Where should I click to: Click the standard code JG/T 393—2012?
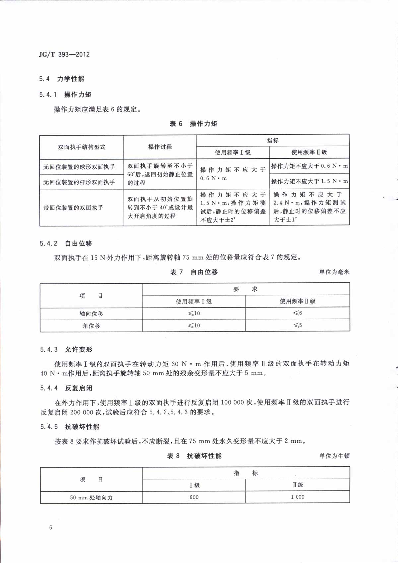pyautogui.click(x=64, y=54)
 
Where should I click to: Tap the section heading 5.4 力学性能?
pyautogui.click(x=62, y=79)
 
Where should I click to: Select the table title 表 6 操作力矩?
pyautogui.click(x=193, y=124)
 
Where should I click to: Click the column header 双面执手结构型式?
pyautogui.click(x=82, y=147)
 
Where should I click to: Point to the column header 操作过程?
pyautogui.click(x=160, y=147)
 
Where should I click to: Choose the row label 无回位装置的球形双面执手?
pyautogui.click(x=79, y=167)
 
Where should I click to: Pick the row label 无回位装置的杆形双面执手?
pyautogui.click(x=79, y=182)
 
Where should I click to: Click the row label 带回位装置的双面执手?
pyautogui.click(x=73, y=208)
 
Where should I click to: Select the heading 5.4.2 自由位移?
pyautogui.click(x=66, y=243)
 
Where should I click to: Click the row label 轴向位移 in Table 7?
pyautogui.click(x=91, y=313)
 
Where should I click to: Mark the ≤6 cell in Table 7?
pyautogui.click(x=298, y=313)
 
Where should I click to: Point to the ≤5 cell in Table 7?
pyautogui.click(x=298, y=325)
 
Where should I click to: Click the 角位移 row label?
pyautogui.click(x=91, y=326)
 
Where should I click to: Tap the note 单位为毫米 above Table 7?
pyautogui.click(x=334, y=272)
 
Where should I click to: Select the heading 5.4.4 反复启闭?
pyautogui.click(x=66, y=388)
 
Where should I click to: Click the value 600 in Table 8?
pyautogui.click(x=194, y=497)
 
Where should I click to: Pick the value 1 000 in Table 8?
pyautogui.click(x=298, y=497)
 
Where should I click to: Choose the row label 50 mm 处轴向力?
pyautogui.click(x=91, y=497)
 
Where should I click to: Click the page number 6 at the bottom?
pyautogui.click(x=50, y=527)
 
